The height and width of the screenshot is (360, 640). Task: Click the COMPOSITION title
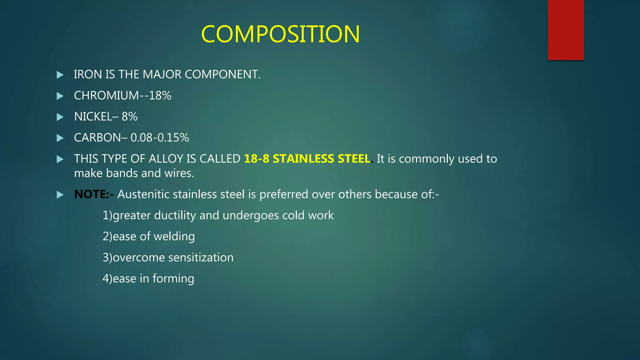point(280,34)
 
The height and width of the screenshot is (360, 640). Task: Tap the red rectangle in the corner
point(566,30)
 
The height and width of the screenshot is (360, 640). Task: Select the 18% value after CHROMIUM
point(160,96)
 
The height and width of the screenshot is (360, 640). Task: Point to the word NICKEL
point(93,117)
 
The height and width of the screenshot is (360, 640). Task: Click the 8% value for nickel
point(130,117)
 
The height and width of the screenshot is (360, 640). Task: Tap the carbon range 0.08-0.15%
point(160,138)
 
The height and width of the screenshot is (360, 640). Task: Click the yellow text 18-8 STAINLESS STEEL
point(307,159)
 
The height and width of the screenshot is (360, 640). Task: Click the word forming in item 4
point(173,279)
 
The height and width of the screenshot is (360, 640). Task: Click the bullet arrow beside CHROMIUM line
point(60,96)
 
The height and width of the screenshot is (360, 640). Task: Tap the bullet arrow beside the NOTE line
point(60,195)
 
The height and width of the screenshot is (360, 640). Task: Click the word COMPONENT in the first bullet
point(222,75)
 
